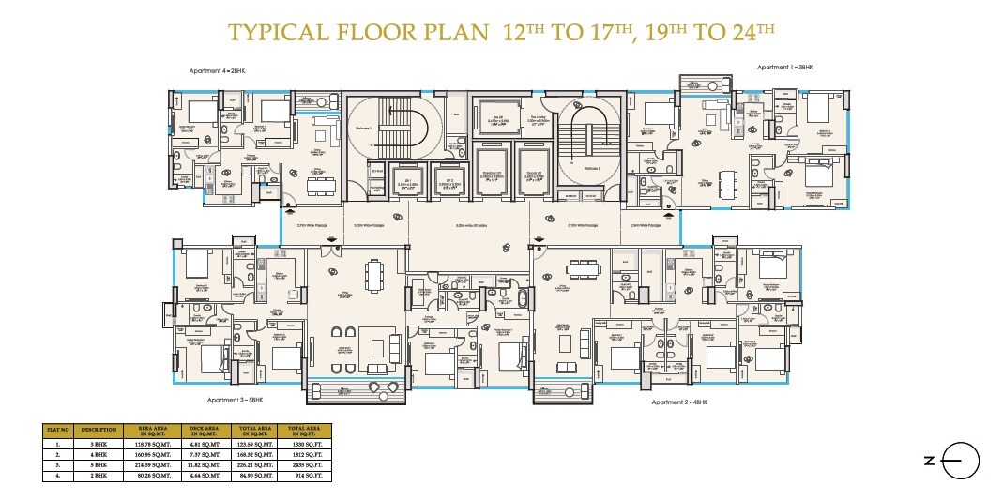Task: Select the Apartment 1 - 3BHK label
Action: pos(785,68)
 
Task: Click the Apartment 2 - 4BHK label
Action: pos(679,402)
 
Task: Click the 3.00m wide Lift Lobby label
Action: pos(468,226)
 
